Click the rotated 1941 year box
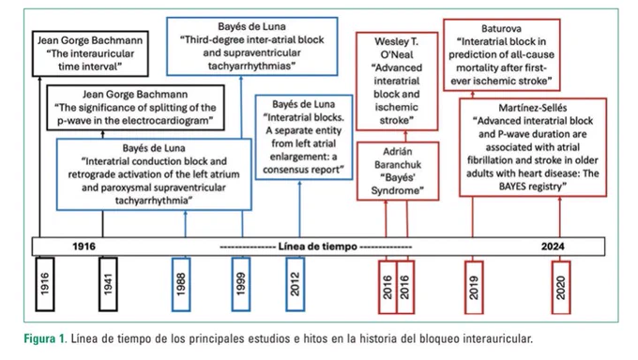coord(108,284)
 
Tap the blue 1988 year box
coord(181,284)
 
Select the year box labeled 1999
coord(241,284)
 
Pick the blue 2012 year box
coord(295,284)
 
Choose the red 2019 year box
coord(474,287)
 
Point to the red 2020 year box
coord(561,287)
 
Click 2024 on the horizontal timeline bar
coord(553,247)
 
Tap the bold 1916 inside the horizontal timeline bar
coord(84,247)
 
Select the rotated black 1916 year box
coord(45,284)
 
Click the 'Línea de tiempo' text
coord(318,247)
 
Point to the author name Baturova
coord(501,28)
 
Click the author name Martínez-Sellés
coord(533,108)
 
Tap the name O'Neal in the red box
coord(397,54)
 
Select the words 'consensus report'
coord(304,170)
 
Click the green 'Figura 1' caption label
coord(45,338)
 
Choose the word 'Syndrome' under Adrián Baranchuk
coord(397,190)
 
